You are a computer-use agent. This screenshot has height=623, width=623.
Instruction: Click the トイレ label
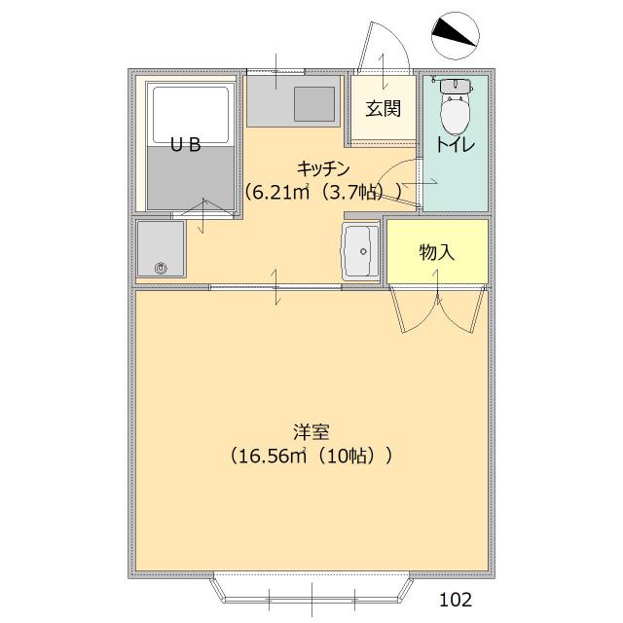coord(455,146)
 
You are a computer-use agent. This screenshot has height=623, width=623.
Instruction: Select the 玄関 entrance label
coord(384,108)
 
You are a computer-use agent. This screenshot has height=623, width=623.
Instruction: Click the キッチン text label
coord(323,167)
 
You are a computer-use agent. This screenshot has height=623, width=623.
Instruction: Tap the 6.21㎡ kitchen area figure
coord(279,192)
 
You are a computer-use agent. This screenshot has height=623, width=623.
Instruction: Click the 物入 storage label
coord(437,252)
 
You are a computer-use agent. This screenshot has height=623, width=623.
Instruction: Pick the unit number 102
coord(456,597)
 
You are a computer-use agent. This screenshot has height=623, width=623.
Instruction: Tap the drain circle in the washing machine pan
coord(163,267)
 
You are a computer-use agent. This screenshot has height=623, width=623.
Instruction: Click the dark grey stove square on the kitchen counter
coord(313,102)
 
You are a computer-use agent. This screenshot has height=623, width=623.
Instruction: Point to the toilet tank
coord(455,87)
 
